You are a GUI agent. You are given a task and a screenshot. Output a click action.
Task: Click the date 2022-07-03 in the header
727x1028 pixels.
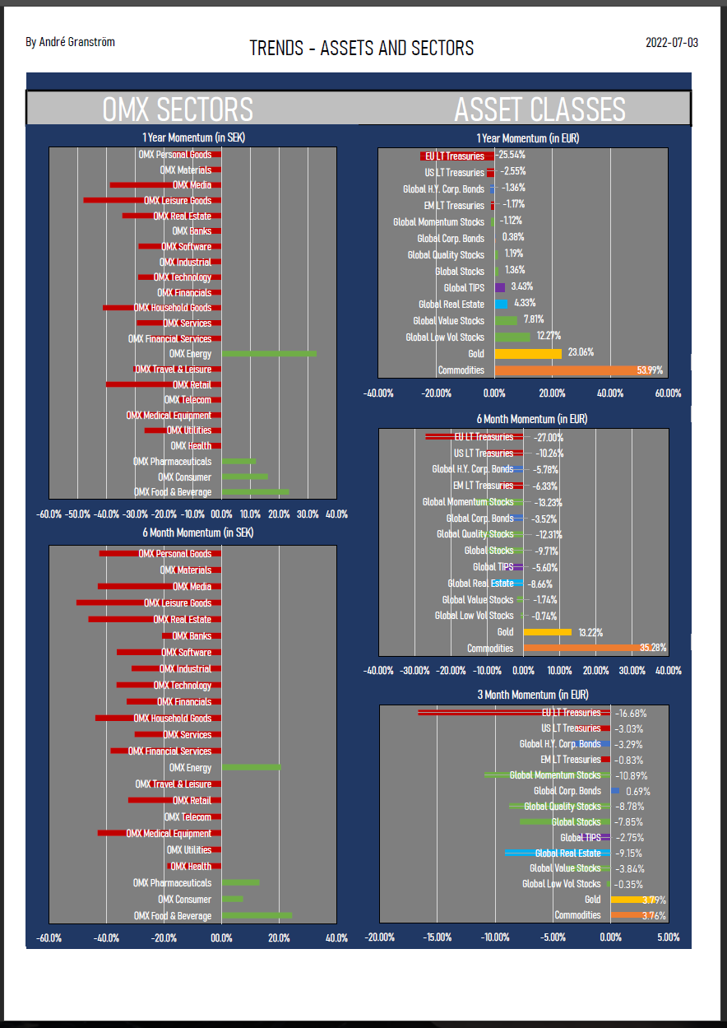671,43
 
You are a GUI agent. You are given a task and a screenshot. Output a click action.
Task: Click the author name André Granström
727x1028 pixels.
71,41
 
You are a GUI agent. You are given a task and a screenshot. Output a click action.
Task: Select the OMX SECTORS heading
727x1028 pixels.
178,109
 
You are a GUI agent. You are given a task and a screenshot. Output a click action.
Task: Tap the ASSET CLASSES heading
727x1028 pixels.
539,109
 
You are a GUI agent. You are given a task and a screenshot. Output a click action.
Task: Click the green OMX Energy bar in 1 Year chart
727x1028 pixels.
269,354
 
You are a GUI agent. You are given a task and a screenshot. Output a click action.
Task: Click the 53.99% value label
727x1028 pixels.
650,370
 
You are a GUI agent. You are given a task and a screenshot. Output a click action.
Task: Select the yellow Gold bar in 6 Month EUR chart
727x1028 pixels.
547,632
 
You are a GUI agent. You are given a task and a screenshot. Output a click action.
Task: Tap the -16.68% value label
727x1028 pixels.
630,713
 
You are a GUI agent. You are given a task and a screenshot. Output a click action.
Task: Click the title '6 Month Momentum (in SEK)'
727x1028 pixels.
197,533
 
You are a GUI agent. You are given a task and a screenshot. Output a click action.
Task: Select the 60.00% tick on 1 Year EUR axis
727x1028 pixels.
668,393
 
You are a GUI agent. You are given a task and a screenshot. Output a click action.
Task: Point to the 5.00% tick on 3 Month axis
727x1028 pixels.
669,937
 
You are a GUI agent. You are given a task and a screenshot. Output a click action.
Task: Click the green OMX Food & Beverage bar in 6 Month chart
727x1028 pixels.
257,915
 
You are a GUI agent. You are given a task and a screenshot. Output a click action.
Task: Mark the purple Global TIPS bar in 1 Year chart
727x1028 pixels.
500,287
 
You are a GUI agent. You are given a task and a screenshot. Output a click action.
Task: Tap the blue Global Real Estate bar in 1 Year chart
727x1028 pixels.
501,304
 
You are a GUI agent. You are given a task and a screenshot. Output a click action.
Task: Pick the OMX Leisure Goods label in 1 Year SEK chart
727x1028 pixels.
178,200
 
